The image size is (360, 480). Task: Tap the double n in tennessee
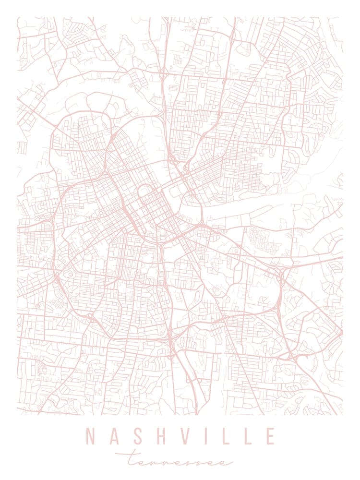(x=161, y=462)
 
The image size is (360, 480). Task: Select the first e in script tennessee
(x=139, y=462)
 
